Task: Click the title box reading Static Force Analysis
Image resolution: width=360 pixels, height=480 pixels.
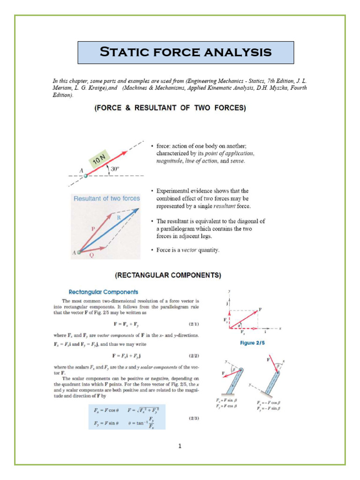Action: coord(186,52)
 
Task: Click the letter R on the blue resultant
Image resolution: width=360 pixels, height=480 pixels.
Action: coord(119,218)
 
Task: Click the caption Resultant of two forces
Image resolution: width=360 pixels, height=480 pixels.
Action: coord(106,198)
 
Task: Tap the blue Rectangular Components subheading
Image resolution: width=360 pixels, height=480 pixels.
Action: coord(104,292)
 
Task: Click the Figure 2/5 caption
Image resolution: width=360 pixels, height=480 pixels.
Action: coord(254,343)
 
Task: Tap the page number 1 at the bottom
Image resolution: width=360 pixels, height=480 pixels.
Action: coord(180,446)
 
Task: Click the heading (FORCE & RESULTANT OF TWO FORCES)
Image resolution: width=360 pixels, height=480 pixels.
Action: coord(170,108)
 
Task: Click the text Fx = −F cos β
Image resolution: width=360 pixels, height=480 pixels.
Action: coord(271,403)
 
